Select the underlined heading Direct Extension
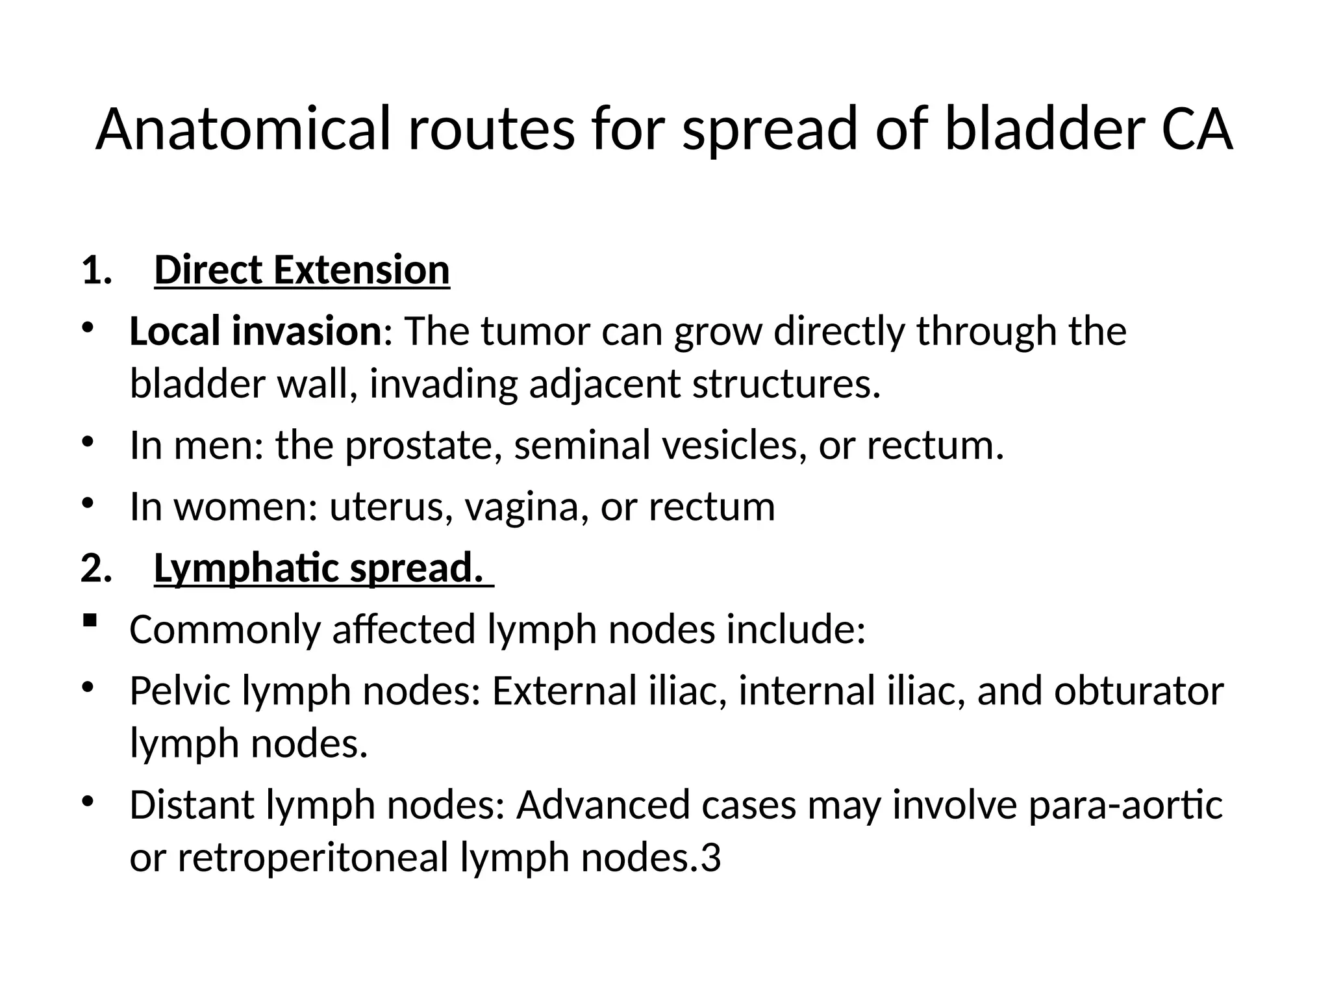pyautogui.click(x=301, y=270)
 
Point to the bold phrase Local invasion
pyautogui.click(x=255, y=331)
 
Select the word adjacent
pyautogui.click(x=605, y=384)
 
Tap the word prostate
pyautogui.click(x=423, y=446)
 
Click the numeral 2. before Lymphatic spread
pyautogui.click(x=96, y=569)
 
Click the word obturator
pyautogui.click(x=1139, y=691)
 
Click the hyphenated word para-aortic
pyautogui.click(x=1125, y=805)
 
